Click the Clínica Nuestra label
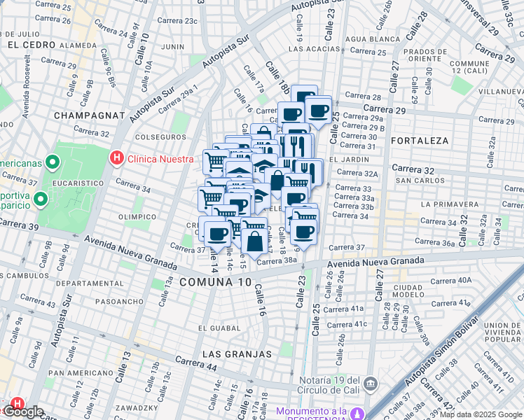click(160, 159)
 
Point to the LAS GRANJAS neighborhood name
click(237, 354)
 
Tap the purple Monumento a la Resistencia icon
click(358, 413)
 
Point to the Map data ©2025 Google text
click(481, 414)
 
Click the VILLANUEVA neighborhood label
click(497, 91)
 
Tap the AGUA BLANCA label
click(368, 39)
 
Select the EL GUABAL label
click(219, 328)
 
